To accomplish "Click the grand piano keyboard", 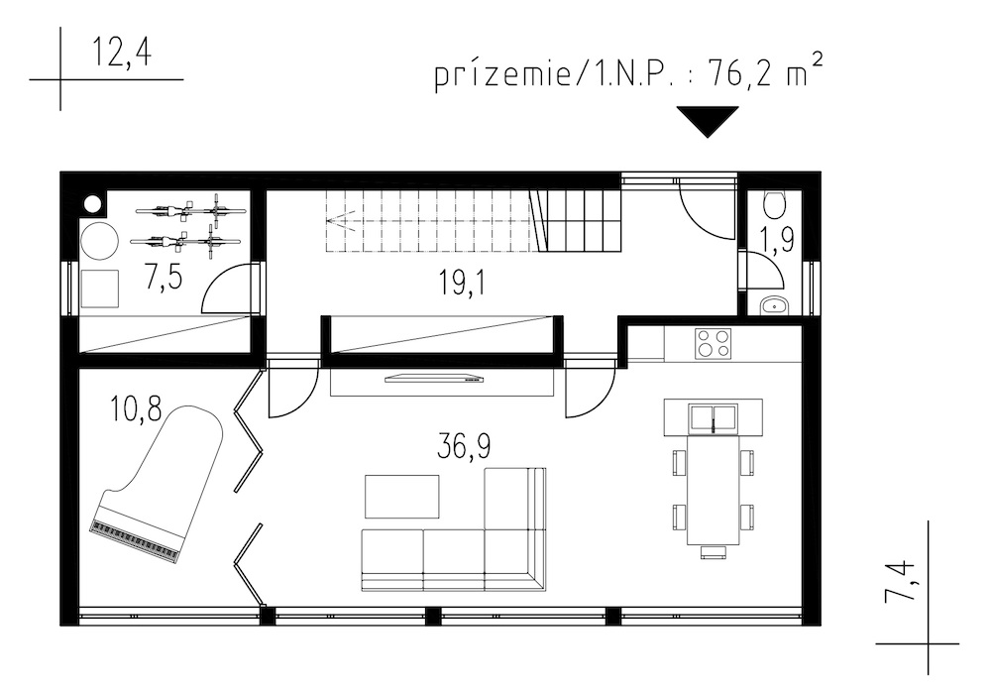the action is (135, 542).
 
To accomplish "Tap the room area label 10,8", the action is (136, 408).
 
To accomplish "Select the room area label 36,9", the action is (463, 447).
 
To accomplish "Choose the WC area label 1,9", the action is (777, 240).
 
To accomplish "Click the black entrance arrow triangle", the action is (708, 121).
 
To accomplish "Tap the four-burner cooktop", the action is (713, 343).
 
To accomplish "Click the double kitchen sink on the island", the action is (713, 418).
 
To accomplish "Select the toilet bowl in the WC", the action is (774, 203).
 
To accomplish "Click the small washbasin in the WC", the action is (774, 306).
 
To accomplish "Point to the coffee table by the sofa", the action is (402, 497).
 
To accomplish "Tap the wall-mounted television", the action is (434, 378).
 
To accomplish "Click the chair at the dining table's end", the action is (713, 551).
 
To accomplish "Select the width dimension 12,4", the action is (123, 52).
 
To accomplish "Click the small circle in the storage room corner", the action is (93, 203).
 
